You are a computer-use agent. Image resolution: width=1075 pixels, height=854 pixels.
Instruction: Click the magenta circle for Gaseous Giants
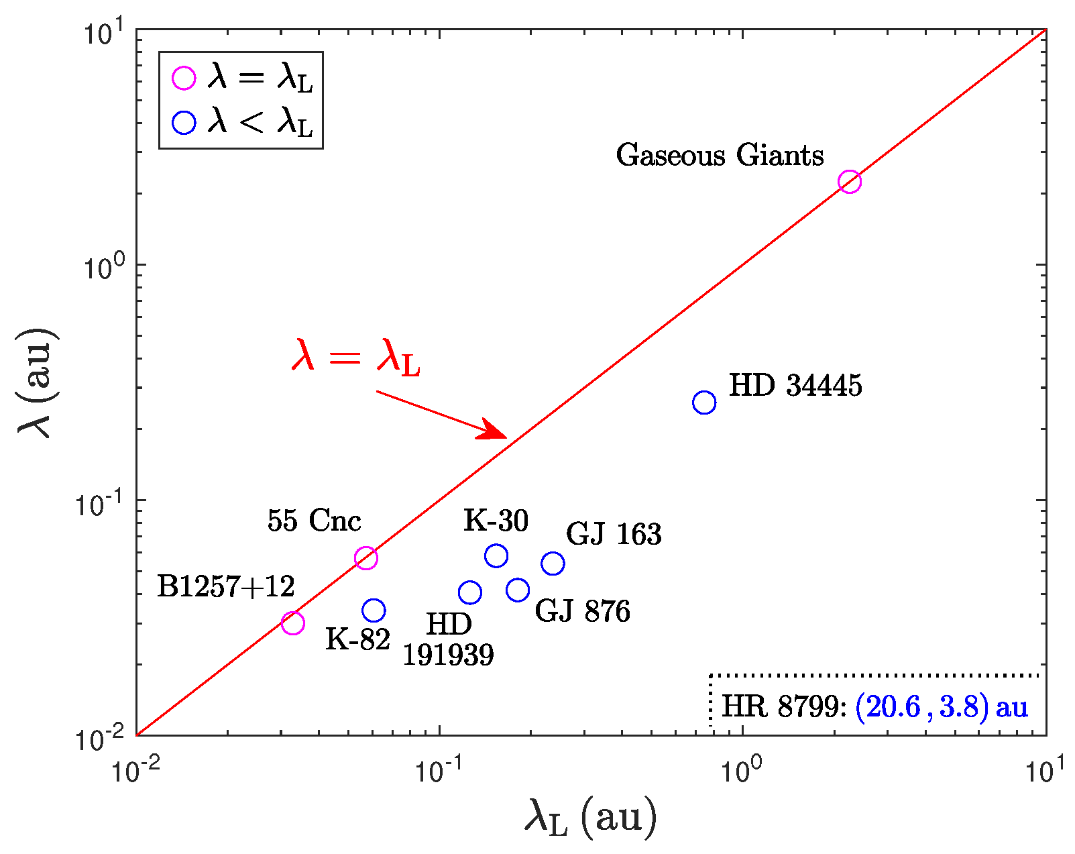click(849, 181)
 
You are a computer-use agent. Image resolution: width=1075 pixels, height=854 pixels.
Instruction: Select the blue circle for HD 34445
click(703, 403)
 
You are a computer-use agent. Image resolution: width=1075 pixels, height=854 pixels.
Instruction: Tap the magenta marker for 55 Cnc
click(365, 557)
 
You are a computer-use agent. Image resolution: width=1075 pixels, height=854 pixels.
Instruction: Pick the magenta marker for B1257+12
click(292, 623)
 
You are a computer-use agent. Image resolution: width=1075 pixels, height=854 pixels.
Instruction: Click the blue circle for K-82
click(374, 610)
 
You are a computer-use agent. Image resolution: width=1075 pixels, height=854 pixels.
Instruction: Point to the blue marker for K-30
click(496, 555)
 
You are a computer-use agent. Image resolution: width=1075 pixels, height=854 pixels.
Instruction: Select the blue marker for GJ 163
click(553, 564)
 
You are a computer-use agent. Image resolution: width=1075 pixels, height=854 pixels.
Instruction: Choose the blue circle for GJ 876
click(518, 590)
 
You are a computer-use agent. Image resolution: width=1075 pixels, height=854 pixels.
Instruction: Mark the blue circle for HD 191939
click(470, 592)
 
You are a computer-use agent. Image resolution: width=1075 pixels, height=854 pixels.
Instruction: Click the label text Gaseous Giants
click(720, 156)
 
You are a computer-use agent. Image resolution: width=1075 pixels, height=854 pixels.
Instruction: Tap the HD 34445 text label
click(795, 386)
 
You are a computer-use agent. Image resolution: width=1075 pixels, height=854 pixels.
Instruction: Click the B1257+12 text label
click(226, 587)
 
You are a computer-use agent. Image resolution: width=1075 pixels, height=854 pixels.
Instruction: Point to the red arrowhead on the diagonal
click(493, 431)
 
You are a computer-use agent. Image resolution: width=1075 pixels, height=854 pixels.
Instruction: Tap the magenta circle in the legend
click(184, 78)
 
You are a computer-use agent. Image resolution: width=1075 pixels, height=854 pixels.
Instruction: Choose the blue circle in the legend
click(184, 123)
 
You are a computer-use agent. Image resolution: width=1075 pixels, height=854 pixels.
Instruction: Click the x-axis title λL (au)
click(589, 818)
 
